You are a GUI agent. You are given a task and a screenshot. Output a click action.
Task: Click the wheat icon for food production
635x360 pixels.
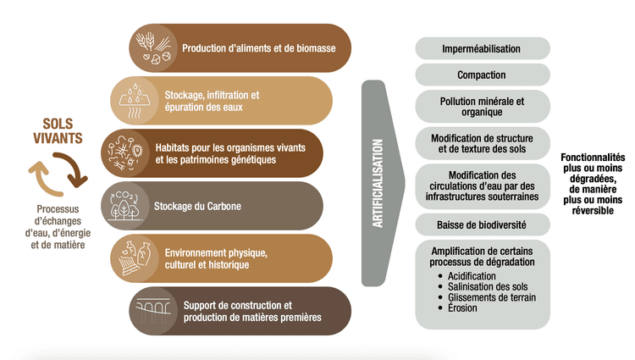click(x=153, y=47)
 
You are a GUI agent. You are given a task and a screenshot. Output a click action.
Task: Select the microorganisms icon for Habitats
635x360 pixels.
click(x=125, y=153)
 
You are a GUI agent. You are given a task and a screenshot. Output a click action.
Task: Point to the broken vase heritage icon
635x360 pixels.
click(x=135, y=258)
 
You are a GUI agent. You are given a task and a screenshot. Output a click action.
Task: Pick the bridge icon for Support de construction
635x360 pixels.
click(x=153, y=311)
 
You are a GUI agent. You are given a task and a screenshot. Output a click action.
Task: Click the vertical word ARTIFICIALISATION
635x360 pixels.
click(x=378, y=183)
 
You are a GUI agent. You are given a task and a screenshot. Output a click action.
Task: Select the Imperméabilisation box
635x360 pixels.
click(x=483, y=48)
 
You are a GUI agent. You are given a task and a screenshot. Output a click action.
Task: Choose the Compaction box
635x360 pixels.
click(x=483, y=75)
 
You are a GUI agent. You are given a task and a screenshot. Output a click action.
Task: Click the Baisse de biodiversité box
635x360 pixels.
click(x=483, y=224)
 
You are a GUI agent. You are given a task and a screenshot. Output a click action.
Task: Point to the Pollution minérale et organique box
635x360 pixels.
click(x=483, y=107)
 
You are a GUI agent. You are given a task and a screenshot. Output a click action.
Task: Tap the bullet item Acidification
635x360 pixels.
click(x=472, y=276)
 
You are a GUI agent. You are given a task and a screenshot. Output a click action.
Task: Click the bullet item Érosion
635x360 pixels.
click(x=462, y=308)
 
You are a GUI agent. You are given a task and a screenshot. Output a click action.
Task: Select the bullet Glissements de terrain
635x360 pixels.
click(x=492, y=297)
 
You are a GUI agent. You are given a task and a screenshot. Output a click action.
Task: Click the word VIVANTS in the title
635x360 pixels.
click(x=58, y=138)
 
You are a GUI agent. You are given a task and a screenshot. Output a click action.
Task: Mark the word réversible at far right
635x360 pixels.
click(x=593, y=211)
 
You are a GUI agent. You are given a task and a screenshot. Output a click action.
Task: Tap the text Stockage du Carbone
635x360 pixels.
click(x=197, y=206)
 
